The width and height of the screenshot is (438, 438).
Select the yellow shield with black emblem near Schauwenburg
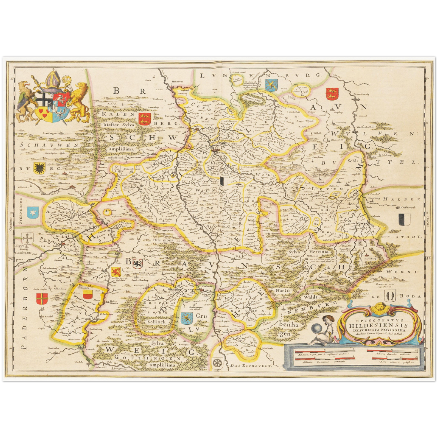point(39,167)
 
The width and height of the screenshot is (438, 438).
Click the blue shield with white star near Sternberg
point(32,212)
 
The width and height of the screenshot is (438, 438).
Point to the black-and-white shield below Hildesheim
point(223,181)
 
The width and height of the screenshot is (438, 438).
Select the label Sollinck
point(157,322)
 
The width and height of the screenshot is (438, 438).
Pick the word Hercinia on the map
point(319,252)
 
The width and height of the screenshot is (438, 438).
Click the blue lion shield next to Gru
point(187,318)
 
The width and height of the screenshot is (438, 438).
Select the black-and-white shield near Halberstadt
point(404,219)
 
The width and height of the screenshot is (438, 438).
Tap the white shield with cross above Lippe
point(28,239)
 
